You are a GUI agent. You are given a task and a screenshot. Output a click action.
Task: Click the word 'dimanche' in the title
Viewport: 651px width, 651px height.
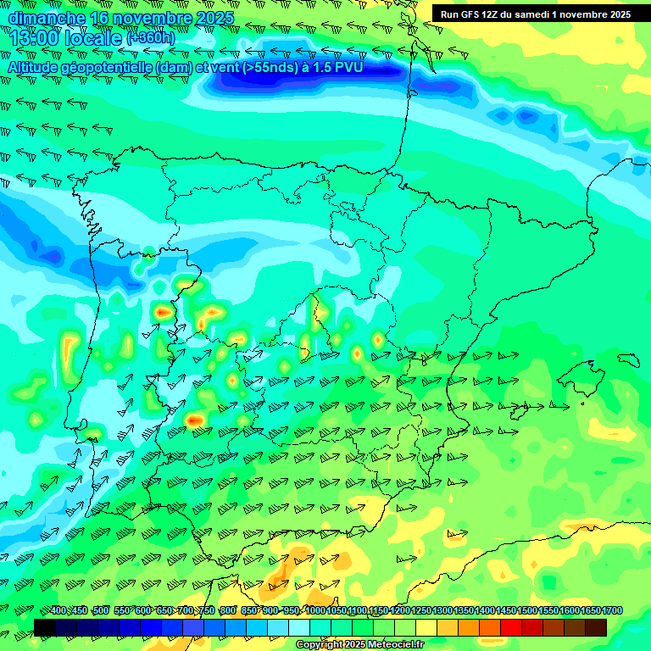pos(46,18)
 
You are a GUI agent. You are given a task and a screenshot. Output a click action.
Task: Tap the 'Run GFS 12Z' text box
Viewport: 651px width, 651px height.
pos(535,14)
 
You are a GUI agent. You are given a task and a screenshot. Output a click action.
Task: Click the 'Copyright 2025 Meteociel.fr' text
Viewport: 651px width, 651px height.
pos(359,645)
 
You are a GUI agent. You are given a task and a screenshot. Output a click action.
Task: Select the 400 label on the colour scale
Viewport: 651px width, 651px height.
pos(58,611)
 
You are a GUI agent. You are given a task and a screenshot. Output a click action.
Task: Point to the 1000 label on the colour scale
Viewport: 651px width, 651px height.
pos(315,611)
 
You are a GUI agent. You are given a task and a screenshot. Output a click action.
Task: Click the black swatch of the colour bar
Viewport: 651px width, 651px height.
pos(45,627)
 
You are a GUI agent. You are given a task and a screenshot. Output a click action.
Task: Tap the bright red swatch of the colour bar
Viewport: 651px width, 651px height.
pos(511,627)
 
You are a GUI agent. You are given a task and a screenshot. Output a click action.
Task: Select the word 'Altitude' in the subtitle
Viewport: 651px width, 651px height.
pos(37,66)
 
